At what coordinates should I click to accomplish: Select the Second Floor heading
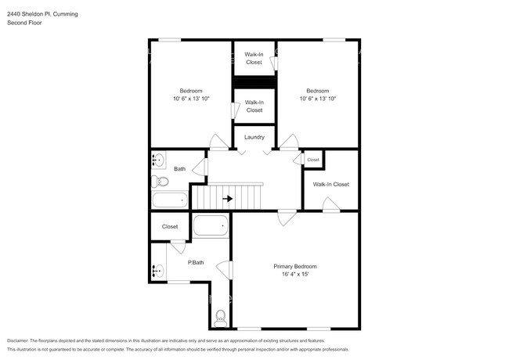click(x=24, y=23)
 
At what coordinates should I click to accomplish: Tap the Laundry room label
click(x=254, y=137)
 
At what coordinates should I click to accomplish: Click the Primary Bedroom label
click(x=294, y=266)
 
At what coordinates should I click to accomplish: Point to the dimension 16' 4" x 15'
click(x=294, y=275)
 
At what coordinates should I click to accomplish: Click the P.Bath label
click(x=196, y=262)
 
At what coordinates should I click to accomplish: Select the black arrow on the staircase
click(x=227, y=199)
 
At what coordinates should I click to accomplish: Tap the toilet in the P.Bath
click(x=220, y=316)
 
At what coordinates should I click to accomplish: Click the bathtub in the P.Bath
click(x=210, y=227)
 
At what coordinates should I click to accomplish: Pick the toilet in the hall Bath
click(x=161, y=182)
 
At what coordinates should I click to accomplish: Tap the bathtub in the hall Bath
click(x=170, y=200)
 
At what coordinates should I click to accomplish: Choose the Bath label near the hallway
click(x=179, y=169)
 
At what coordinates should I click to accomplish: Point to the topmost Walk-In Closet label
click(x=254, y=58)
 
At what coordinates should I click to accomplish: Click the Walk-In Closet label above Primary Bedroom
click(x=330, y=185)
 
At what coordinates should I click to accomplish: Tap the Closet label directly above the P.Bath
click(x=170, y=227)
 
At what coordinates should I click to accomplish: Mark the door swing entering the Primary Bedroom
click(x=286, y=218)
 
